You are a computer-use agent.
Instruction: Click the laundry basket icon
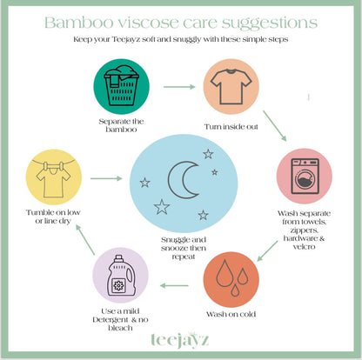tap(121, 85)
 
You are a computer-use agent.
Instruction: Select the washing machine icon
tap(305, 177)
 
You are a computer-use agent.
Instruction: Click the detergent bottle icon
tap(120, 276)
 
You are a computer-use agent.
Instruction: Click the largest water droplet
tap(225, 273)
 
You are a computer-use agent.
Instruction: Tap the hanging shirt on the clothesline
tap(53, 180)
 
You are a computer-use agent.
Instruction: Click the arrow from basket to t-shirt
tap(179, 87)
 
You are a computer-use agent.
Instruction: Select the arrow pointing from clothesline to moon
tap(106, 178)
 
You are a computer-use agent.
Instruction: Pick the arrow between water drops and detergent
tap(174, 286)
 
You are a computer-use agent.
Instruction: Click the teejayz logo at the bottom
tap(180, 340)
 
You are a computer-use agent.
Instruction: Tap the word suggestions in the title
tap(270, 23)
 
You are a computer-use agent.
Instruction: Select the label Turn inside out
tap(231, 127)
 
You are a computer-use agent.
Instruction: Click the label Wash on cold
tap(231, 314)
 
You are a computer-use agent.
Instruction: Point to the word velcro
tap(304, 247)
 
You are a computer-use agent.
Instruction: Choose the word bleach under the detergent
tap(120, 328)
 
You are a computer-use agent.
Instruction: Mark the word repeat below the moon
tap(184, 257)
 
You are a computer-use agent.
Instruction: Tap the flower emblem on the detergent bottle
tap(118, 286)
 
